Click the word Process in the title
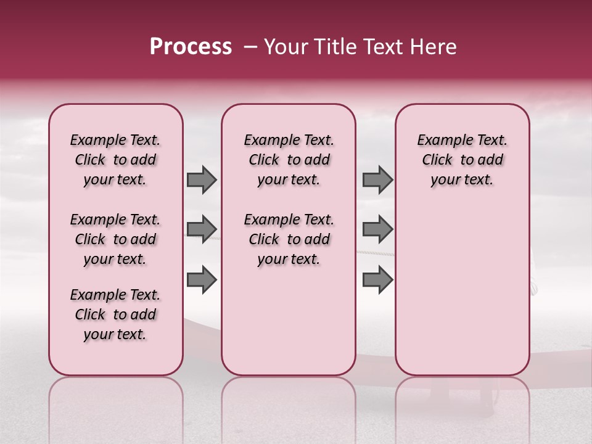(191, 47)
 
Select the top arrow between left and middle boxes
(202, 180)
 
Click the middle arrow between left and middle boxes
(202, 229)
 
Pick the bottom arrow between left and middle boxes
(202, 280)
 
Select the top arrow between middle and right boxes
(377, 180)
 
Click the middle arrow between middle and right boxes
(377, 229)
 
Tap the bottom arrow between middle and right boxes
(377, 280)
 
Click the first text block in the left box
(115, 160)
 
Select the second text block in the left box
(115, 239)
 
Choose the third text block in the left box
(115, 314)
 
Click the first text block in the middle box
(289, 160)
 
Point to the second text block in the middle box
(289, 239)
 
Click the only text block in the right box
(462, 160)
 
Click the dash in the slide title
(250, 47)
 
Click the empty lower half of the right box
(462, 296)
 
